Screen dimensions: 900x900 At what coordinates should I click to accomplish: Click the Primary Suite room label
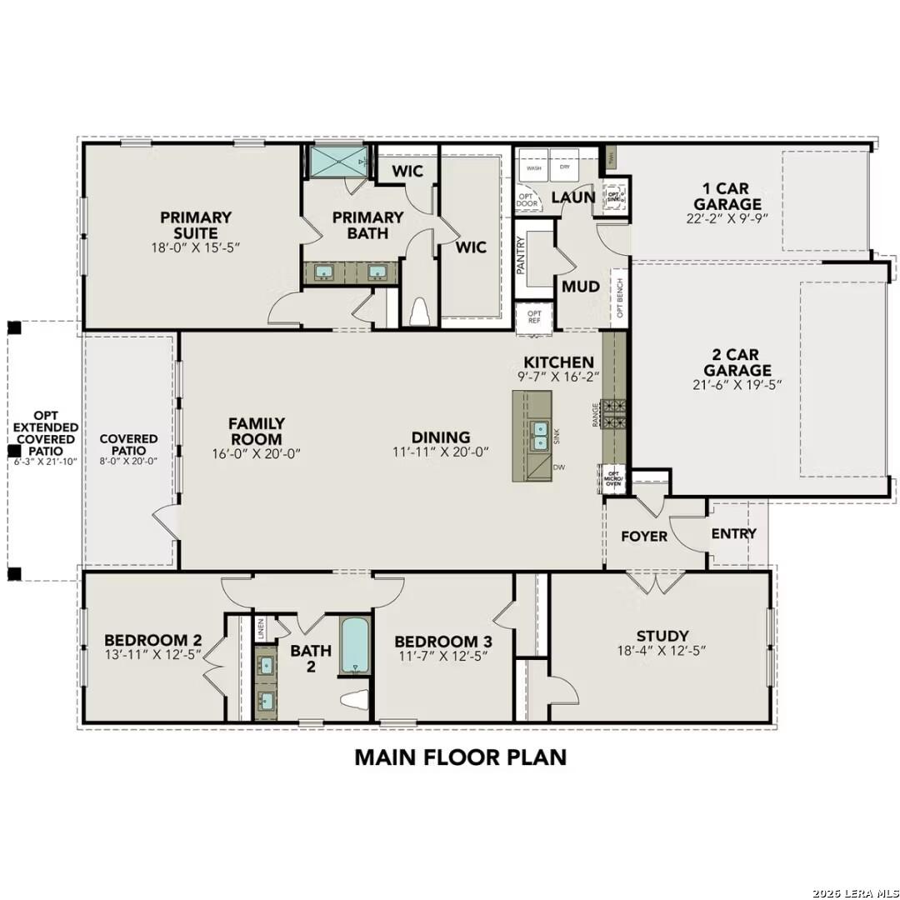click(x=197, y=225)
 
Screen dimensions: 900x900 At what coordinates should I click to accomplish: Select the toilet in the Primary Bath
click(x=418, y=311)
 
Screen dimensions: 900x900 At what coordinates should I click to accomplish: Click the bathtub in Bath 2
click(x=353, y=646)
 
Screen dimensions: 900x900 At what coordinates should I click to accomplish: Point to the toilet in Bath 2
click(x=357, y=701)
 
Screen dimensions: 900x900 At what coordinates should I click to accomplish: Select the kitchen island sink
click(x=540, y=435)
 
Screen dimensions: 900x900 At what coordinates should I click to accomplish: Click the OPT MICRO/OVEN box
click(x=612, y=479)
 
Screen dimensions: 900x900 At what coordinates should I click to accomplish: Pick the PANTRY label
click(x=521, y=254)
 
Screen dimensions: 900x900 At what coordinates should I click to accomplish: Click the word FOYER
click(x=644, y=536)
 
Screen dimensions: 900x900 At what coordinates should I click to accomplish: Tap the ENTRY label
click(x=733, y=533)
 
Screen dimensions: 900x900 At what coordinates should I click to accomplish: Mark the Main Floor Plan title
click(x=460, y=757)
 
